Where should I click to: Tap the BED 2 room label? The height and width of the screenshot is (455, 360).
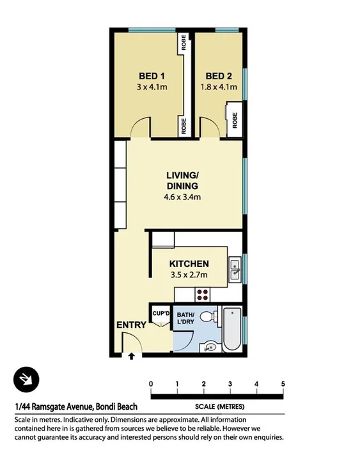point(219,75)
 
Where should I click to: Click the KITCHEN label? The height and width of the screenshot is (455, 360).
point(189,264)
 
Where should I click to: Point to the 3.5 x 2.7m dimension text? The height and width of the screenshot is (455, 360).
point(189,276)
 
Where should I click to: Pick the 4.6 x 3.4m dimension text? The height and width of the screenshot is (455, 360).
point(182,197)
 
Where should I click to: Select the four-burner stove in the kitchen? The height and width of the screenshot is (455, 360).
point(203,295)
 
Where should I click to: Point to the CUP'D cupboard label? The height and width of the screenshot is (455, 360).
point(160,313)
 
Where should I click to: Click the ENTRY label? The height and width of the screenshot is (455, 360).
point(131,325)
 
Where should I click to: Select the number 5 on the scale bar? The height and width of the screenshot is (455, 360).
point(283,383)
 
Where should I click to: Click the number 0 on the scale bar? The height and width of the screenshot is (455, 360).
point(151,383)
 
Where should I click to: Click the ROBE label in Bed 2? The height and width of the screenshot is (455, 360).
point(235,120)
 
